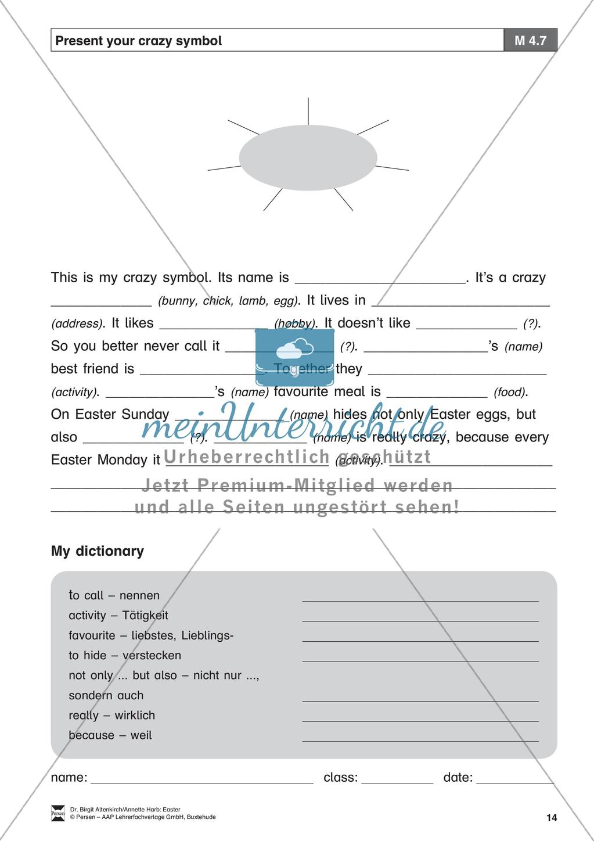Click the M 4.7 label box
pos(530,41)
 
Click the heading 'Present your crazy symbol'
pos(139,41)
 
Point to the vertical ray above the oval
pos(308,110)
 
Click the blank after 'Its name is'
pos(380,279)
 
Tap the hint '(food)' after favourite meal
pos(510,392)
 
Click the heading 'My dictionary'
pos(98,551)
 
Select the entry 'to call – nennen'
pos(114,595)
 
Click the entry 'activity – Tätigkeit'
pos(118,615)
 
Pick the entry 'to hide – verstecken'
pos(125,655)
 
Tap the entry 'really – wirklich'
pos(111,715)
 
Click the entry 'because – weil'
pos(110,735)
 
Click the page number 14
pos(551,818)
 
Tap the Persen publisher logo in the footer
pos(58,813)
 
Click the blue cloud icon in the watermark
pos(294,349)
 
